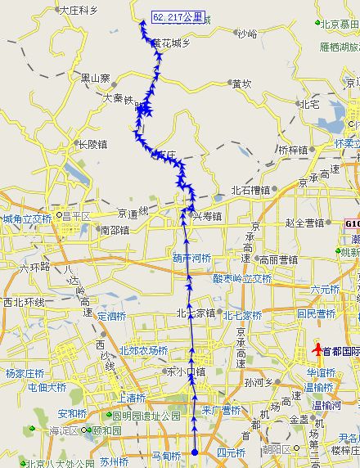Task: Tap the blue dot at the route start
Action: (x=195, y=452)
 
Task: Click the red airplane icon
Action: (x=316, y=350)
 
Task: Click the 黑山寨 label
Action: (x=95, y=79)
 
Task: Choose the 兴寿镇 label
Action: (x=207, y=215)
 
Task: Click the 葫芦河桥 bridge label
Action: (x=191, y=258)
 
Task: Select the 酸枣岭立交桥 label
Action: (x=242, y=278)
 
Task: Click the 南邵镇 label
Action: (x=113, y=230)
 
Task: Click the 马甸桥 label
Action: (x=166, y=455)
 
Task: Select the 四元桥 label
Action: (x=231, y=452)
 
